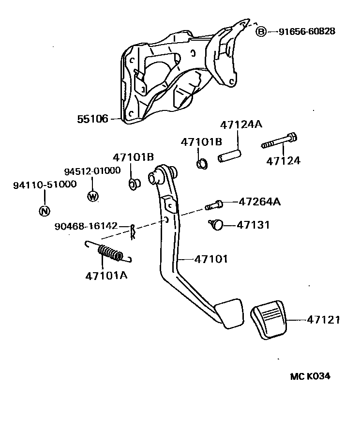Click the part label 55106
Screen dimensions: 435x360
92,118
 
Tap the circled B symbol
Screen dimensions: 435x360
261,31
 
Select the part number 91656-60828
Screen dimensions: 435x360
307,31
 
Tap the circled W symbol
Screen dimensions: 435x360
92,196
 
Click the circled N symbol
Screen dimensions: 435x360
44,211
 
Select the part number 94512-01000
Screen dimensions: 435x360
92,171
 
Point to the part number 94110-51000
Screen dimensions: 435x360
44,185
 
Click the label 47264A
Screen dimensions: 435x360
259,202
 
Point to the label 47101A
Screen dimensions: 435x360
106,276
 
